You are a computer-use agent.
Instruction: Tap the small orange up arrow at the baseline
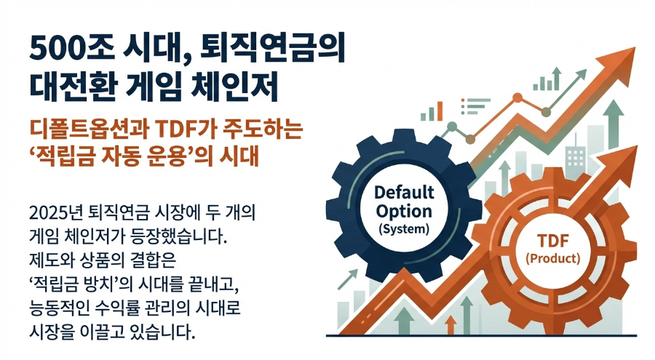tap(450, 323)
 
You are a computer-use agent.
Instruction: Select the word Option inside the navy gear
tap(403, 212)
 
